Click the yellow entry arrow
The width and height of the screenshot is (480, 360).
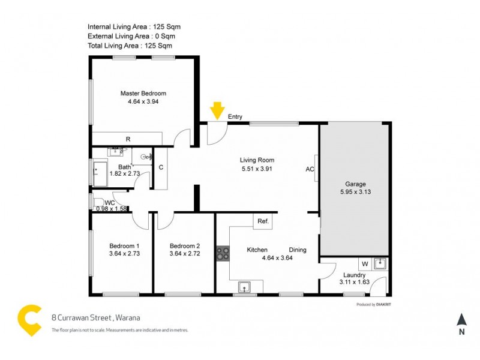point(217,110)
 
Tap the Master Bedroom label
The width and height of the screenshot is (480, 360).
point(143,94)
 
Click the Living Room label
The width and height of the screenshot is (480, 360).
point(257,160)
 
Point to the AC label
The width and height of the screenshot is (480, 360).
point(310,169)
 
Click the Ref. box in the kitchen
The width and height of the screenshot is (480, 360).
point(263,221)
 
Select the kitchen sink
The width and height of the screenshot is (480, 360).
point(244,287)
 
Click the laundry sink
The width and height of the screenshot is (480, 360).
point(379,263)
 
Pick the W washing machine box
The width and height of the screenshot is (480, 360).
point(364,263)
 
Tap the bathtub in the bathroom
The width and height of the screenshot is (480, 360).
point(99,173)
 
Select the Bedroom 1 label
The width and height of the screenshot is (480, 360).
point(124,246)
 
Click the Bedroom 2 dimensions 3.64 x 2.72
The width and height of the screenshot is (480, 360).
point(184,254)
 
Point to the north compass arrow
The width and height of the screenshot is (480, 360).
point(461,320)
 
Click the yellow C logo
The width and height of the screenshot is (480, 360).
point(30,320)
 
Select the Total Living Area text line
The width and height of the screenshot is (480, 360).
point(130,46)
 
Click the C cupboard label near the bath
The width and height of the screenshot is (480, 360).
point(161,168)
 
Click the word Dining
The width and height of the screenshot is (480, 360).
point(298,250)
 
